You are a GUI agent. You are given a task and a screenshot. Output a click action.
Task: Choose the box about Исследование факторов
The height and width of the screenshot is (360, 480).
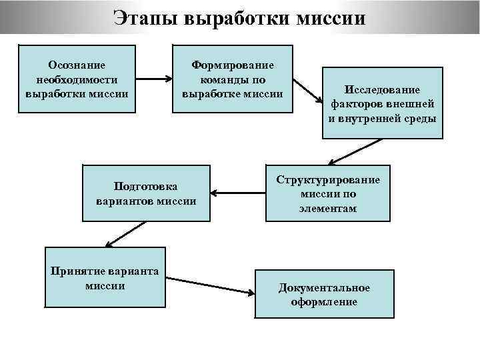[382, 103]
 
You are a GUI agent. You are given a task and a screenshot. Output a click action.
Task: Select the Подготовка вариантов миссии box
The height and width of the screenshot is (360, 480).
[145, 193]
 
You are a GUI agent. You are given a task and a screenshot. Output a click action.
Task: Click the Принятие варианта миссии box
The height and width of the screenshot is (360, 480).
[105, 277]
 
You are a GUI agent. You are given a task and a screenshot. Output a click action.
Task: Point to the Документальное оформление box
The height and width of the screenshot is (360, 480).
[324, 294]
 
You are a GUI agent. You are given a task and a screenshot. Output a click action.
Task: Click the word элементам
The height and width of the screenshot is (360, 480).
[327, 208]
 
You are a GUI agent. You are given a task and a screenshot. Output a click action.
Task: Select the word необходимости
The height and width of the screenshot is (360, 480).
[77, 79]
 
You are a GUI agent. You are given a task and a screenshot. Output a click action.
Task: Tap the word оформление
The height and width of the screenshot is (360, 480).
[324, 301]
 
